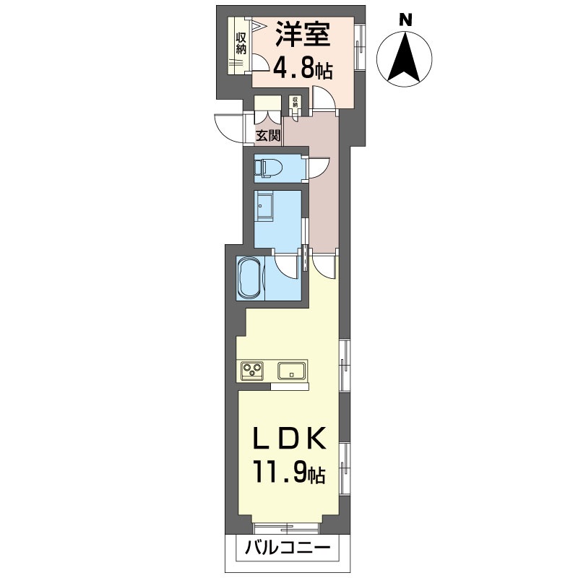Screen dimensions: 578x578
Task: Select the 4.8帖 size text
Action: point(302,69)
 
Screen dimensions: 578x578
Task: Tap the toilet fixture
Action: point(269,168)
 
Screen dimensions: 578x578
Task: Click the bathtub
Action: point(249,277)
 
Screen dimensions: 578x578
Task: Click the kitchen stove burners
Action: point(253,371)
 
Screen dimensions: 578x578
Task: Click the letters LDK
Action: point(288,439)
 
